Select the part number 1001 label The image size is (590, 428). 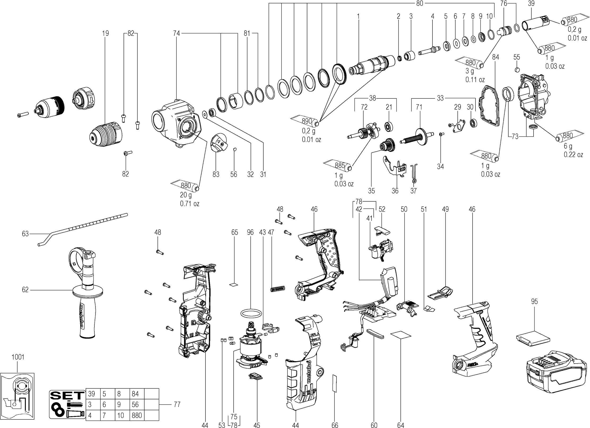(18, 357)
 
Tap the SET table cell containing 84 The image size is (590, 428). (137, 394)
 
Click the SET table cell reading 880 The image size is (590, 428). (137, 415)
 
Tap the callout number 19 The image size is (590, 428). (105, 33)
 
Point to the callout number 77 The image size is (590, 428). (177, 405)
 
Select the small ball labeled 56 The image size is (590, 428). (234, 149)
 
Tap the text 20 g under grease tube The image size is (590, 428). (186, 195)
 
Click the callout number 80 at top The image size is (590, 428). (419, 3)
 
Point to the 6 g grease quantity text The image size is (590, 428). (568, 146)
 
